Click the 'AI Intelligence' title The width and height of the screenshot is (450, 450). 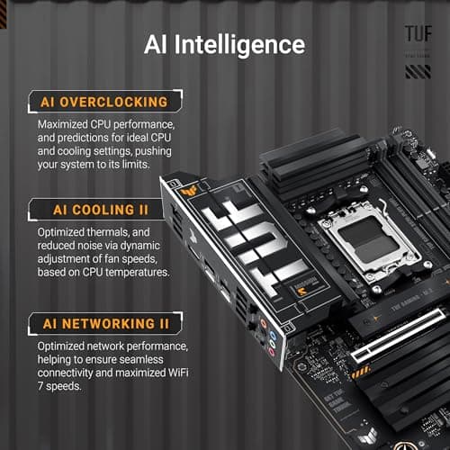224,44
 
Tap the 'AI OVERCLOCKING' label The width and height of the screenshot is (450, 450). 103,102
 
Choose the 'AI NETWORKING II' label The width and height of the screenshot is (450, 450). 106,322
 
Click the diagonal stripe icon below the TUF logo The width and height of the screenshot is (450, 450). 417,71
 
